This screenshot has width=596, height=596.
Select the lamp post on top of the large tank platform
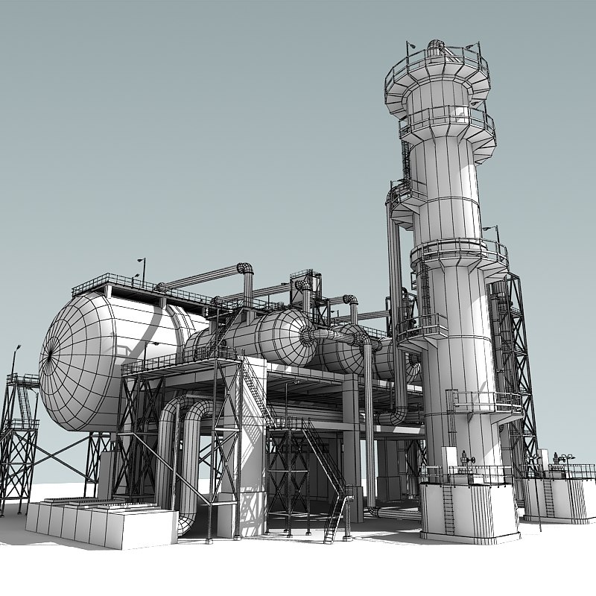[142, 270]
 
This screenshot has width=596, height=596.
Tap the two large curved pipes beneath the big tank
[183, 454]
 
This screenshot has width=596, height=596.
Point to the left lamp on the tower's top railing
[410, 46]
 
